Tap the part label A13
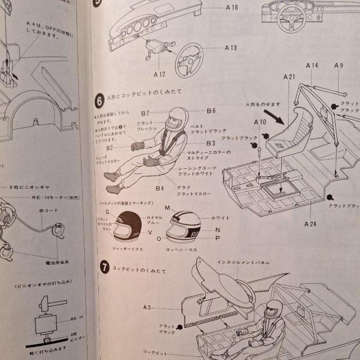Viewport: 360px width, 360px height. coord(231,48)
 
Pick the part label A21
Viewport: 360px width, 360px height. coord(290,76)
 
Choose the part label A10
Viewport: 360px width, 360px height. coord(259,121)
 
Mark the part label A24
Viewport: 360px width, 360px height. coord(311,223)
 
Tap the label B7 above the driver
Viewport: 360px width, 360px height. coord(145,112)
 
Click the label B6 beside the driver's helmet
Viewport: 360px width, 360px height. coord(211,111)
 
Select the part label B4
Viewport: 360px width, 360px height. coord(160,188)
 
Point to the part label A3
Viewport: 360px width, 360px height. coord(147,307)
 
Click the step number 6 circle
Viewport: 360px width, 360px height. coord(99,101)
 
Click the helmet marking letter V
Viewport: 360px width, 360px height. coord(149,232)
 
